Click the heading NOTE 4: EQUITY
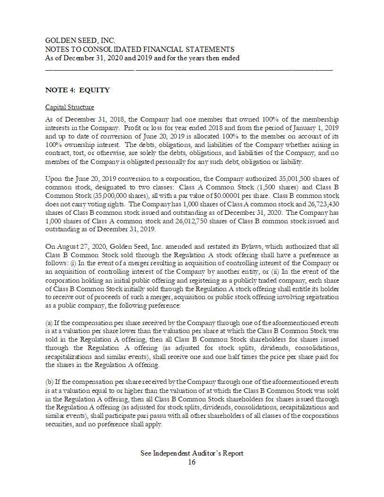77,90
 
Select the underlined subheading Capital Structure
69,107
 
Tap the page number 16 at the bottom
192,462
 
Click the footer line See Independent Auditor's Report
192,453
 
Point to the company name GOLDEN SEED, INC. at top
80,41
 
